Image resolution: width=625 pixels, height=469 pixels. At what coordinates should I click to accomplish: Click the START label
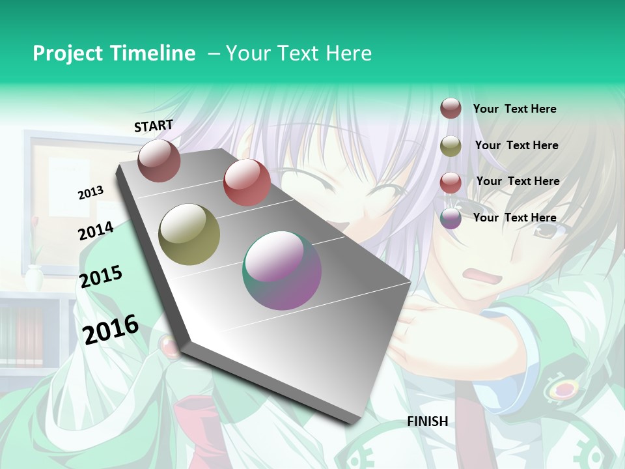point(154,126)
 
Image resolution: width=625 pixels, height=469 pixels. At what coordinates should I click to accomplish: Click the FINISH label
point(427,421)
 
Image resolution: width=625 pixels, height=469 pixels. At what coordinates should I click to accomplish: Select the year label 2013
point(90,193)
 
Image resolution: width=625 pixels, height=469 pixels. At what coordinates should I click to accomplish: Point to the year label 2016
point(111,329)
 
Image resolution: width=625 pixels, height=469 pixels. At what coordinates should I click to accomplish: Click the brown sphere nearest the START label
point(159,160)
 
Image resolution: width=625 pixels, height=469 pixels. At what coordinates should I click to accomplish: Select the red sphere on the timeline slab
point(247,182)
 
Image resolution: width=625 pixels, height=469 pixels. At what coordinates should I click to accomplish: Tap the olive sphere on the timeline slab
point(189,234)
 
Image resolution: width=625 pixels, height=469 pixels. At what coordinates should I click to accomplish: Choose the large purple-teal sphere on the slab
point(282,270)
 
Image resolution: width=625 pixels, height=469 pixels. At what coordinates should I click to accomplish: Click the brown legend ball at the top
point(451,108)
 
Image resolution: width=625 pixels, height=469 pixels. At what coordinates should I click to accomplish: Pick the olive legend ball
point(451,146)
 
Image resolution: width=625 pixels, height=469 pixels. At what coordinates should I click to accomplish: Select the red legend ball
point(451,182)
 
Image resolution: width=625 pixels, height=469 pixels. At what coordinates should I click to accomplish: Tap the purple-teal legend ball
point(451,218)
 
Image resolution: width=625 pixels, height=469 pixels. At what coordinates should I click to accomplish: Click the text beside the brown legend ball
point(514,109)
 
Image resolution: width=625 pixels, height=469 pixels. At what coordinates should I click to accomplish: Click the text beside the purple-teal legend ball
point(514,218)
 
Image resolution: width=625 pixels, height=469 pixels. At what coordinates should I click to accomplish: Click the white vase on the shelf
point(34,278)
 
